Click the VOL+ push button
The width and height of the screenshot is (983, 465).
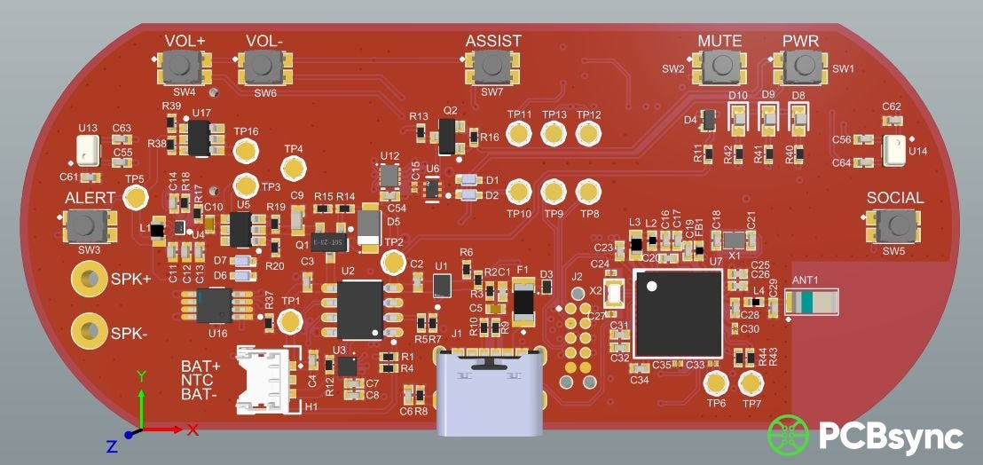coord(184,65)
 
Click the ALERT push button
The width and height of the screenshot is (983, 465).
coord(88,225)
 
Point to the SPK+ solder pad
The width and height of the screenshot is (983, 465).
coord(88,280)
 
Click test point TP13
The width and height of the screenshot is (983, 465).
coord(554,134)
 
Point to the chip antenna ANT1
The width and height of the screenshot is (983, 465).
coord(812,303)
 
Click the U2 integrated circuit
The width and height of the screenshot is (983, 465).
coord(359,308)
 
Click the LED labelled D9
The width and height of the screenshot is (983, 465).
coord(768,115)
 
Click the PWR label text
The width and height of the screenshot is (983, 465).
coord(800,42)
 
